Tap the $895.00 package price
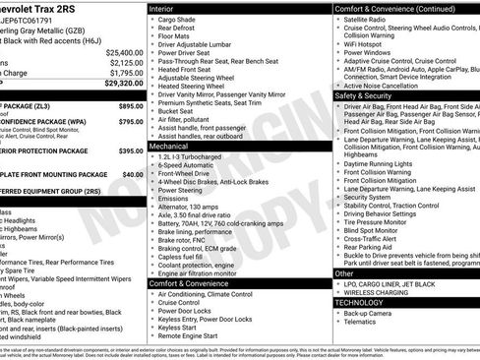(131, 104)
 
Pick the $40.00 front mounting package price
(133, 174)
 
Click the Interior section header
(162, 8)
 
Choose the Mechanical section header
(169, 145)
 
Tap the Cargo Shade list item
(181, 20)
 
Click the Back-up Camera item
(375, 314)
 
